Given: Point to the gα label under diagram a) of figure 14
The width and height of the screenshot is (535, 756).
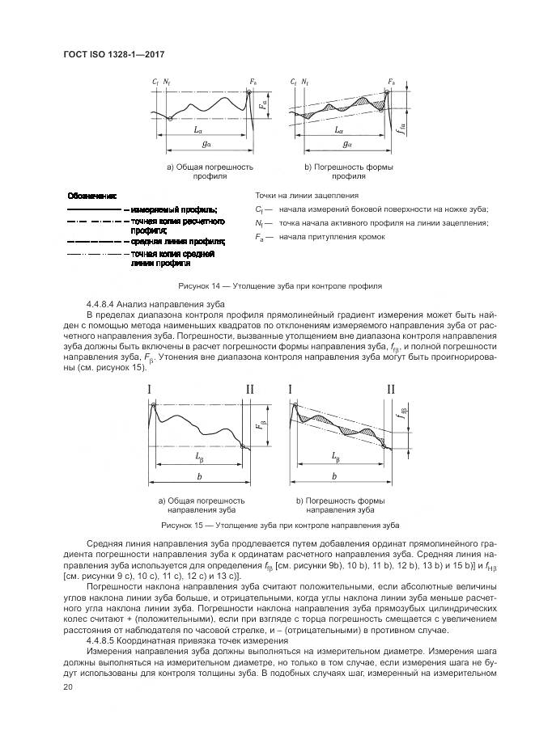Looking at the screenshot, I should (x=209, y=145).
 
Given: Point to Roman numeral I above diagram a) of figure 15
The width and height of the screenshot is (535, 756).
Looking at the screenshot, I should (x=151, y=391).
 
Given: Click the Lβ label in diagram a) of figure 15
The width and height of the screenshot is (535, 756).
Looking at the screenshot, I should (x=198, y=458).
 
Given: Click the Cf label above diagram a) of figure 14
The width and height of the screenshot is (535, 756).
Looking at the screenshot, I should (x=155, y=82).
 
